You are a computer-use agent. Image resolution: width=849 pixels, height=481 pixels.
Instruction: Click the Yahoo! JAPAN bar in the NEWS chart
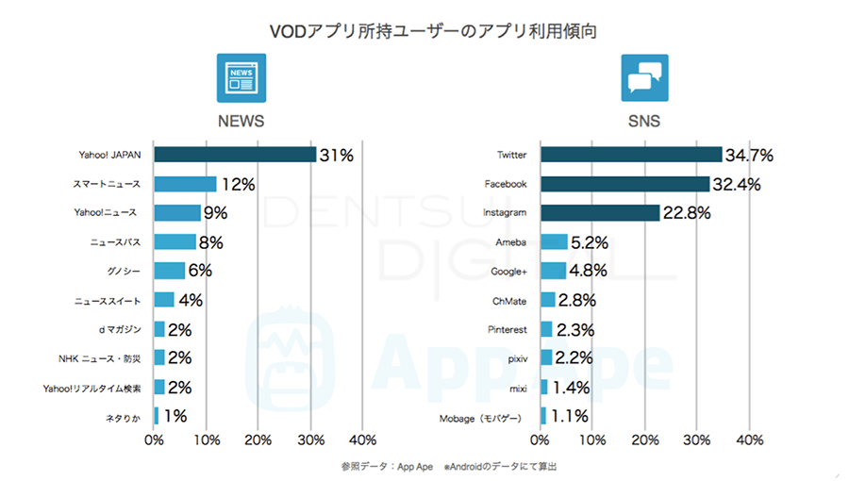coord(235,154)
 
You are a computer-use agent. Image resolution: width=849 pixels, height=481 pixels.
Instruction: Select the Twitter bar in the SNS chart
coord(631,154)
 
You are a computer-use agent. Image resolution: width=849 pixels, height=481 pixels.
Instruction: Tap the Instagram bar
coord(600,213)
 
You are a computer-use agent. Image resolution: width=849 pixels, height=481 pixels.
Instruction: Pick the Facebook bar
coord(624,184)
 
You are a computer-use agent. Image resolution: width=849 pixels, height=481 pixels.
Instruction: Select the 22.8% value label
coord(689,213)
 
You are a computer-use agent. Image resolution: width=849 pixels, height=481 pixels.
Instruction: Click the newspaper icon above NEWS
coord(241,77)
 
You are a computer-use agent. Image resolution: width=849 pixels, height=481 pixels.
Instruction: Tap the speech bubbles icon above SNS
coord(644,77)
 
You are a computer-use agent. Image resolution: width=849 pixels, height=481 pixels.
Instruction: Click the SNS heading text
coord(644,122)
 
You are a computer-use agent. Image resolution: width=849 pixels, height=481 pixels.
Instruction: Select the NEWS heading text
coord(241,122)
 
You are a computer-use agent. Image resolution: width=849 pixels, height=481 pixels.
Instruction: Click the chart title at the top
coord(424,30)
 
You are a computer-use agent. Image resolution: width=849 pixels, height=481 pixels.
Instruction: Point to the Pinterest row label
coord(509,329)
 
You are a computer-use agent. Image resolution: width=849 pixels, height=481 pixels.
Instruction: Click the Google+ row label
coord(509,271)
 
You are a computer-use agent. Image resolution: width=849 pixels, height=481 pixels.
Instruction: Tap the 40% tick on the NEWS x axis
coord(363,440)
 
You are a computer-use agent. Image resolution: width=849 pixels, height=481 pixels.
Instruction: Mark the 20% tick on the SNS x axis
coord(645,440)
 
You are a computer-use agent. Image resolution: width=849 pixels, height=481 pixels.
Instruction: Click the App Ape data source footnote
coord(455,466)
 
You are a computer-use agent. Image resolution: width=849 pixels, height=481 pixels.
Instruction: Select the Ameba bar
coord(554,242)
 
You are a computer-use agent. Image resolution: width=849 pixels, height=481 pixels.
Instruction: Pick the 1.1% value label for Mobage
coord(570,416)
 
